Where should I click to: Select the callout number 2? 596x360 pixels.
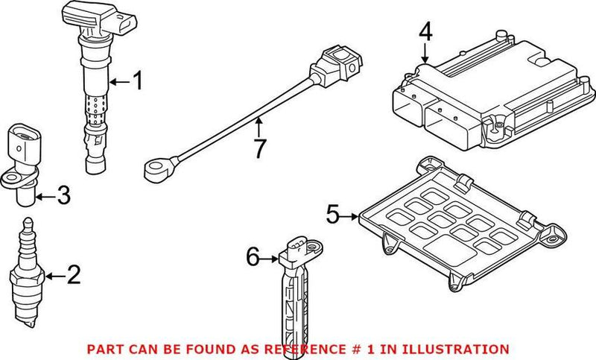pos(72,276)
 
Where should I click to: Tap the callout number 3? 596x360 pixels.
pos(63,197)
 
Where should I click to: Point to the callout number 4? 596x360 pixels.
pos(425,31)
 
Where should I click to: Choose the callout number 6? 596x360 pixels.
pos(253,259)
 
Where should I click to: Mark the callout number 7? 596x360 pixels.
pos(259,148)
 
